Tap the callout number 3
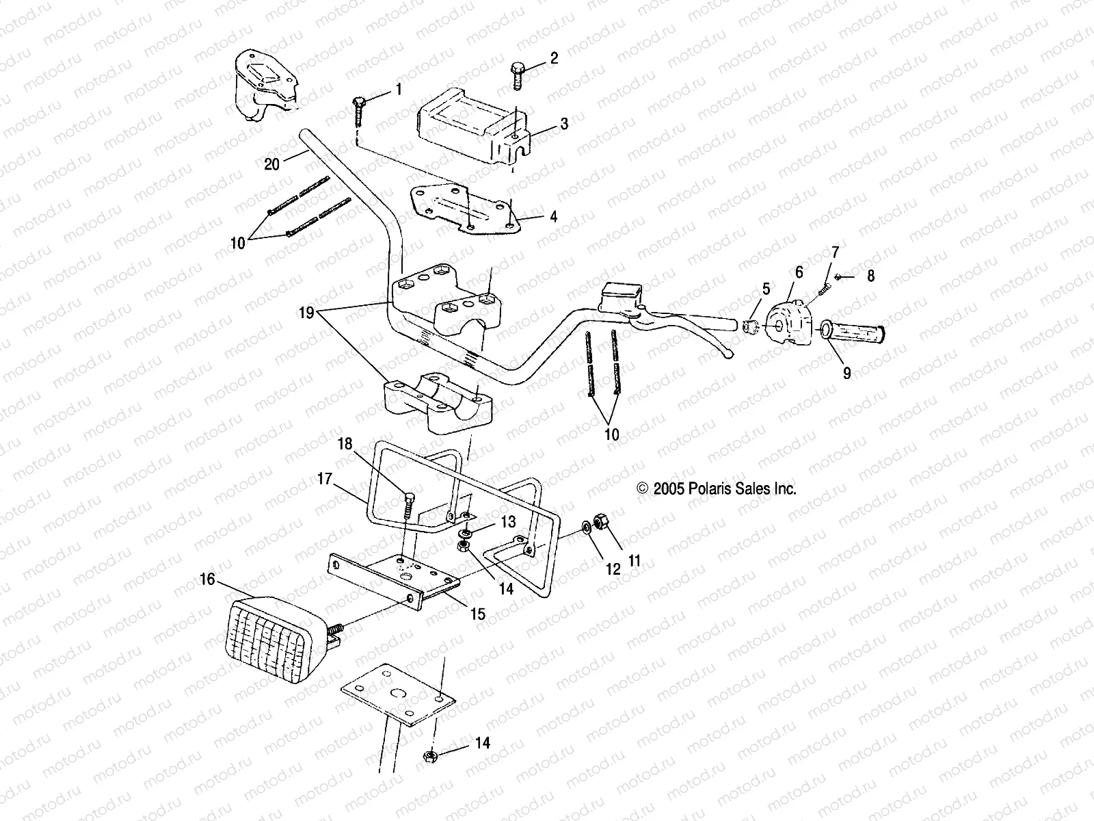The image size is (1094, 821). click(x=564, y=124)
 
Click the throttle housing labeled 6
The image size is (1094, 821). click(x=786, y=322)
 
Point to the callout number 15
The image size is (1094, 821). click(x=478, y=614)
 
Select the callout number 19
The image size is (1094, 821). click(x=306, y=313)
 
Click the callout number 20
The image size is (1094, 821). click(x=272, y=165)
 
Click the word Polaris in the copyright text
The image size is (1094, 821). click(x=722, y=488)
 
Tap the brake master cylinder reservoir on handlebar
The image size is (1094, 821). click(x=619, y=294)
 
